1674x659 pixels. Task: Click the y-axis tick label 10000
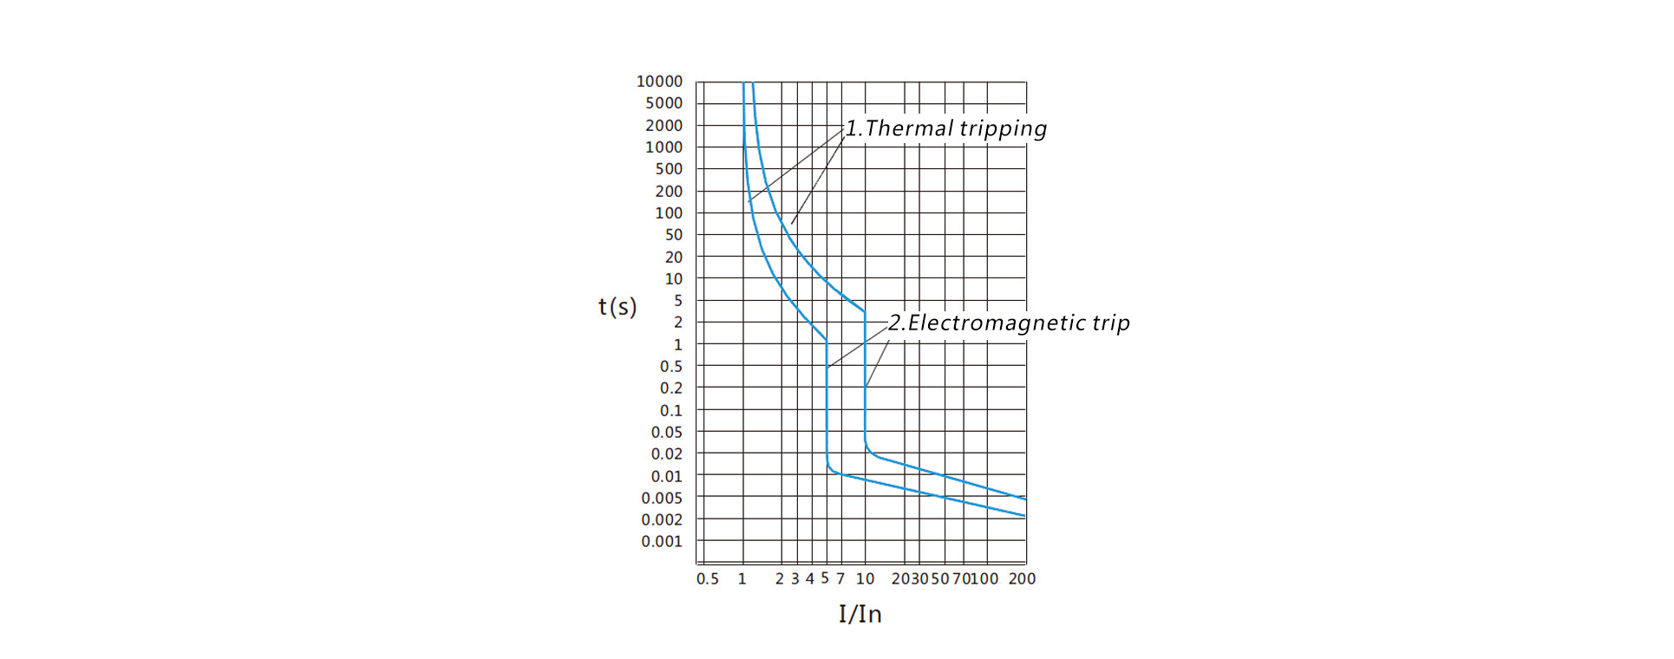tap(659, 82)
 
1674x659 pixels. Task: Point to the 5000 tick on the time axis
tap(664, 103)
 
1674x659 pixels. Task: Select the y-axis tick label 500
tap(669, 169)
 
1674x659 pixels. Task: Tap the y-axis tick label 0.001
tap(662, 542)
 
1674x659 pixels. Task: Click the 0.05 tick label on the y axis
tap(667, 433)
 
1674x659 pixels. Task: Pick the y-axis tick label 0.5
tap(671, 367)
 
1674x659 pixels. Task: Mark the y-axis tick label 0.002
tap(662, 520)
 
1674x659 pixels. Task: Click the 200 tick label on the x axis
tap(1022, 579)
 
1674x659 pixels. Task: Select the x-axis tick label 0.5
tap(708, 579)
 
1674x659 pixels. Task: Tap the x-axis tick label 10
tap(865, 579)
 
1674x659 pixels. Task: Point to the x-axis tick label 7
tap(840, 579)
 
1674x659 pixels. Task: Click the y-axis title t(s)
tap(618, 307)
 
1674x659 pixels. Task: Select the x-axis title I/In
tap(860, 615)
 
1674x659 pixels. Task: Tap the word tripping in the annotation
tap(1003, 129)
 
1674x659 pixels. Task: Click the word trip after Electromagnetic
tap(1110, 323)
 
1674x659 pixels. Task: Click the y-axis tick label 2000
tap(664, 126)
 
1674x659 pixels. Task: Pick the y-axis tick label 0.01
tap(667, 477)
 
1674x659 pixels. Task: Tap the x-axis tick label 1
tap(742, 579)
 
